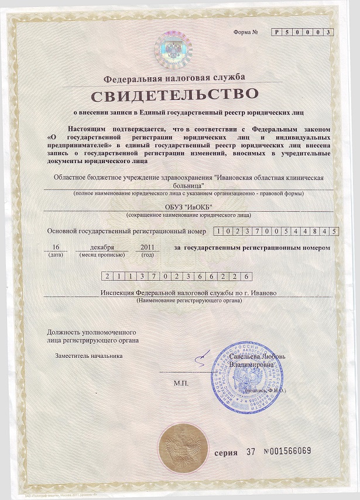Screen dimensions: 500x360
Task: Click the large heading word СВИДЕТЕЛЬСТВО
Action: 174,94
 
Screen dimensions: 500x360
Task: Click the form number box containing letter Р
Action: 276,32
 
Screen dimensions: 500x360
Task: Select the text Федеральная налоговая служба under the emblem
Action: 174,78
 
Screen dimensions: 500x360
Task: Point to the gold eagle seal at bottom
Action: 183,448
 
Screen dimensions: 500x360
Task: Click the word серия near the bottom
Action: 226,452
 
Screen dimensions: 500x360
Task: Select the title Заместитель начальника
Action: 88,355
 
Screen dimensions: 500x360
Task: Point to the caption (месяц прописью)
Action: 106,255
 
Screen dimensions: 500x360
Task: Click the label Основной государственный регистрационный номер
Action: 127,232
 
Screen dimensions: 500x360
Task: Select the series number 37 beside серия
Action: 252,451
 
